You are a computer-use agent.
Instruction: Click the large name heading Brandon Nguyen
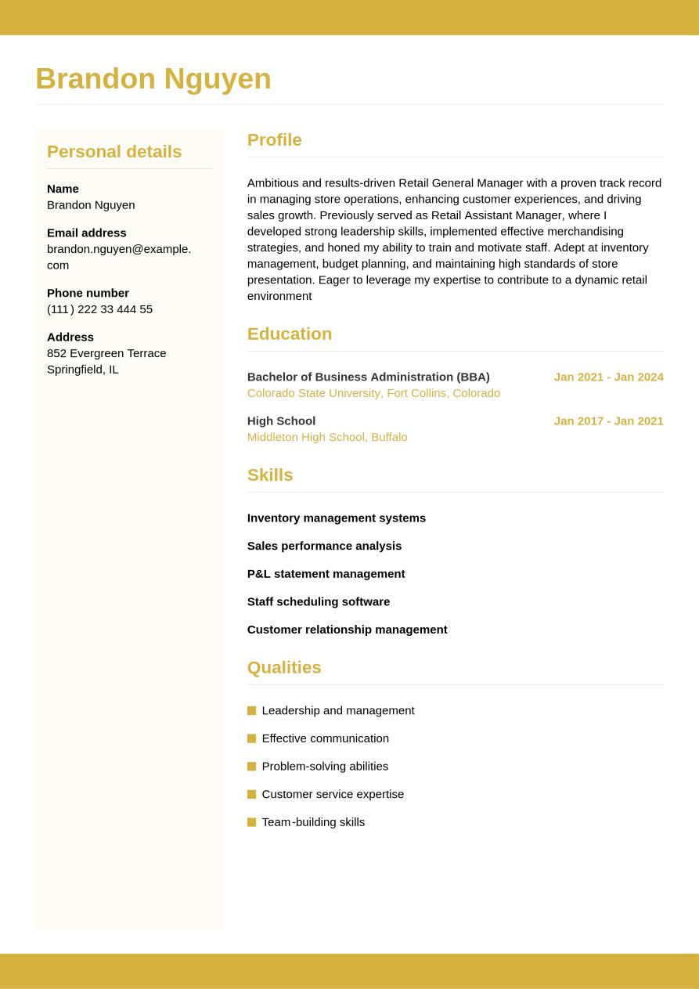coord(153,79)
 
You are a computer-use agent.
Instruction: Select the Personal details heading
coord(114,152)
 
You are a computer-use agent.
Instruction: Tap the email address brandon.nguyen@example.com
coord(119,256)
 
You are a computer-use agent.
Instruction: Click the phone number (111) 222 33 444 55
coord(99,309)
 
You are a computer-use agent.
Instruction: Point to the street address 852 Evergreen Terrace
coord(106,353)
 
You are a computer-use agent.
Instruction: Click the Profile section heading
coord(274,140)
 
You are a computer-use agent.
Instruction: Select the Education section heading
coord(290,334)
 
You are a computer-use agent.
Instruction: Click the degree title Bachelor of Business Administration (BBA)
coord(368,377)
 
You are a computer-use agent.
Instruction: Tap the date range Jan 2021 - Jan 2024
coord(608,377)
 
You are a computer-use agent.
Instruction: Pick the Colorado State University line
coord(373,393)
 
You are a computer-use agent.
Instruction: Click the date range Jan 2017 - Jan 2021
coord(608,421)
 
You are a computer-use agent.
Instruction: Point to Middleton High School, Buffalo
coord(327,437)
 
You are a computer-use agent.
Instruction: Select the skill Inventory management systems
coord(337,518)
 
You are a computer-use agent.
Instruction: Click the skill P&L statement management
coord(326,574)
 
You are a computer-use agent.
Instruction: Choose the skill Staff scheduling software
coord(319,601)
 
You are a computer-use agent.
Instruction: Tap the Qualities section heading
coord(284,668)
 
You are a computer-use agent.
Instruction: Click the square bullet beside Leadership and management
coord(251,711)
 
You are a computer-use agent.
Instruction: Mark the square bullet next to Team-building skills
coord(251,822)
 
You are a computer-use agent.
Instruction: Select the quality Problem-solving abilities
coord(325,767)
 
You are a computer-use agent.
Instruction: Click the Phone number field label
coord(88,293)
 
